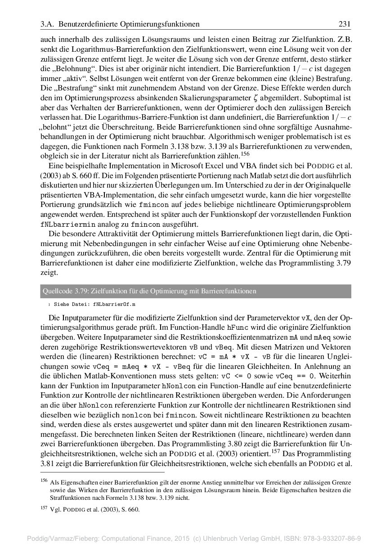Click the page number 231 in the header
[345, 24]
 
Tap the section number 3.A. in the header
[48, 24]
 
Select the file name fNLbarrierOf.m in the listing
[114, 305]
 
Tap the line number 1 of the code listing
[48, 305]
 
